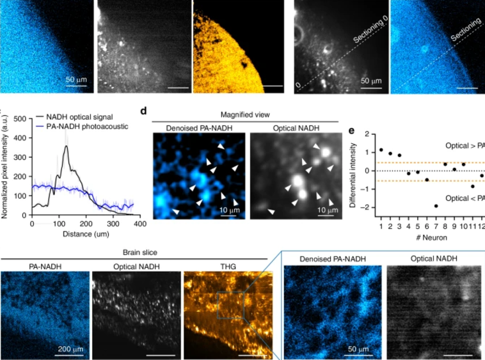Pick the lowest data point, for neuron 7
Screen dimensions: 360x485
436,206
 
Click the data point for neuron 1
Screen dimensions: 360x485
381,150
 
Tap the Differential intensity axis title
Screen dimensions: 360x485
352,171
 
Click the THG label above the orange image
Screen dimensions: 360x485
228,264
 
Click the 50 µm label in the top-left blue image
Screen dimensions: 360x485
77,80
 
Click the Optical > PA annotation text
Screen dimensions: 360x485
465,146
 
